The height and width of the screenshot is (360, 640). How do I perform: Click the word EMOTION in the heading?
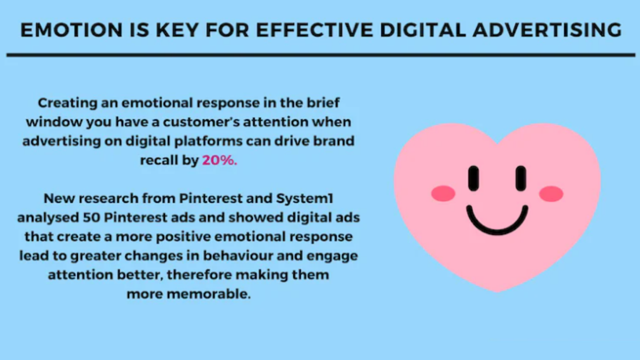coord(71,30)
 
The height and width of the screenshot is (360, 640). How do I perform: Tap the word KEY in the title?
coord(177,30)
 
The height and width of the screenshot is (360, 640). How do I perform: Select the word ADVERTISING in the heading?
coord(547,30)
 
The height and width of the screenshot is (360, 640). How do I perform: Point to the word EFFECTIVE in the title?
coord(315,30)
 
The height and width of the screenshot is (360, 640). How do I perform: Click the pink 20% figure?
coord(219,161)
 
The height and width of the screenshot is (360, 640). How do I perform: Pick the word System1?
coord(305,198)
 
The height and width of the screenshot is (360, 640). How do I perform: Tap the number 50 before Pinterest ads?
coord(91,218)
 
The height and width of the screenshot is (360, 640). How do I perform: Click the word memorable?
coord(209,294)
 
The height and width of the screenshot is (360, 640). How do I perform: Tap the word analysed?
coord(49,218)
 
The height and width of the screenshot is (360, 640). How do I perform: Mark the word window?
coord(54,122)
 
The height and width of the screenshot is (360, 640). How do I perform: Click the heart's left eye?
coord(474,178)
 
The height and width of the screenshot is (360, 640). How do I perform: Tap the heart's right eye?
coord(521,178)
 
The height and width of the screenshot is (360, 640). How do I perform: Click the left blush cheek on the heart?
coord(443,194)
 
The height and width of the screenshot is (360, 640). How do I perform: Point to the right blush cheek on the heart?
coord(551,194)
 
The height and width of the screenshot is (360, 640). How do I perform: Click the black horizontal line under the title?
coord(321,55)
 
